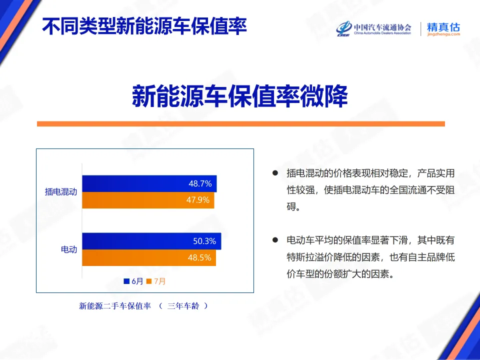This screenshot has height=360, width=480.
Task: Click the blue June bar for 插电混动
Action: (x=135, y=184)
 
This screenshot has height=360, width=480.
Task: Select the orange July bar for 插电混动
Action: (x=135, y=200)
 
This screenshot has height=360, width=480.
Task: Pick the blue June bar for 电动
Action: (x=135, y=241)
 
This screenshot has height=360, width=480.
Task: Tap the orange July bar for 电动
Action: (x=135, y=258)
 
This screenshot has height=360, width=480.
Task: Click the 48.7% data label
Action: (x=200, y=184)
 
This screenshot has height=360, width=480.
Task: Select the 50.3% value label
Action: (x=204, y=241)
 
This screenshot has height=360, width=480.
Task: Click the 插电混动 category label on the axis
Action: (x=61, y=192)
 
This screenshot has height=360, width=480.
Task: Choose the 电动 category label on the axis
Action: (x=69, y=249)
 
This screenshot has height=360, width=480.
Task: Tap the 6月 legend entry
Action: (x=133, y=281)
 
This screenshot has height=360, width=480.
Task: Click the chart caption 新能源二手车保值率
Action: (x=115, y=306)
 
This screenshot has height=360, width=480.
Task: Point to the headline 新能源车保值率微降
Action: (x=240, y=96)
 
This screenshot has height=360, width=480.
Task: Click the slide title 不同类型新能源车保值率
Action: (x=144, y=26)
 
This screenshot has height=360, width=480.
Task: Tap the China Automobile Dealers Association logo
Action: (x=373, y=28)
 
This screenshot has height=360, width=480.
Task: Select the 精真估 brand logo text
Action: (x=443, y=28)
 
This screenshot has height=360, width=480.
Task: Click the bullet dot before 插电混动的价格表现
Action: (x=274, y=173)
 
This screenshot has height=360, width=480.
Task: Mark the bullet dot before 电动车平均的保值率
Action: (x=274, y=240)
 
